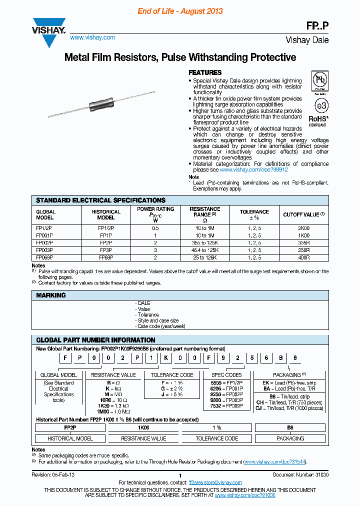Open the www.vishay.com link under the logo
click(92, 37)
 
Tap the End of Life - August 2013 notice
click(180, 11)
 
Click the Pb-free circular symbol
click(320, 80)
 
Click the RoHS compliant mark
click(318, 120)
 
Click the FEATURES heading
click(205, 72)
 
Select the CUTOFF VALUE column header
click(303, 214)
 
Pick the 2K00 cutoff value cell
click(303, 227)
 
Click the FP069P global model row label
click(44, 257)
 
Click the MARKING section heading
click(51, 295)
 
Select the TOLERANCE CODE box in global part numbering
click(172, 374)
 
